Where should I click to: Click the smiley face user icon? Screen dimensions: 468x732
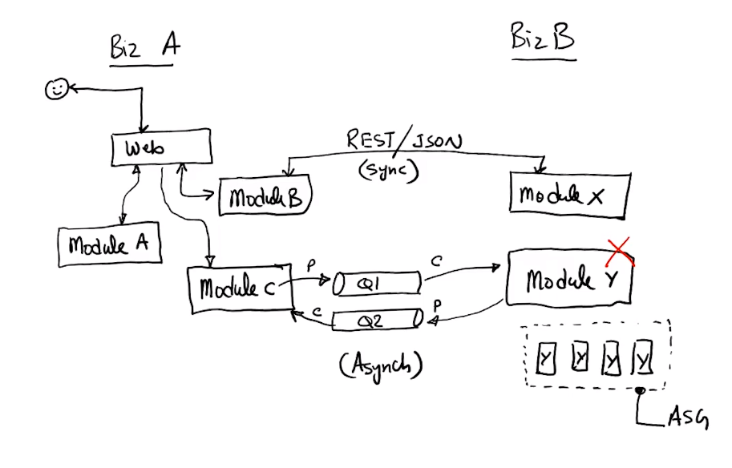coord(55,90)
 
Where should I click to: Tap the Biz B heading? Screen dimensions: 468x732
coord(543,38)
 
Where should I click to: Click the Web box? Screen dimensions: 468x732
coord(160,149)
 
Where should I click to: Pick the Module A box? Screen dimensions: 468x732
coord(110,245)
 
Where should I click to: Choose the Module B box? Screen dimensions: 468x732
coord(264,196)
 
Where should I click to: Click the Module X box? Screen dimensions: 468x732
coord(568,194)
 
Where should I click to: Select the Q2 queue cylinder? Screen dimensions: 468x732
coord(375,321)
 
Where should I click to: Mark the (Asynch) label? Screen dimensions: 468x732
coord(380,365)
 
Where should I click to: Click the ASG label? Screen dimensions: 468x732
coord(688,418)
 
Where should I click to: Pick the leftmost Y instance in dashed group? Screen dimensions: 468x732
coord(545,360)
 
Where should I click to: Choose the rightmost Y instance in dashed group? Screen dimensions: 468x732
coord(642,358)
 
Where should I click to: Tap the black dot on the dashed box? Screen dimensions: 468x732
coord(639,392)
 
